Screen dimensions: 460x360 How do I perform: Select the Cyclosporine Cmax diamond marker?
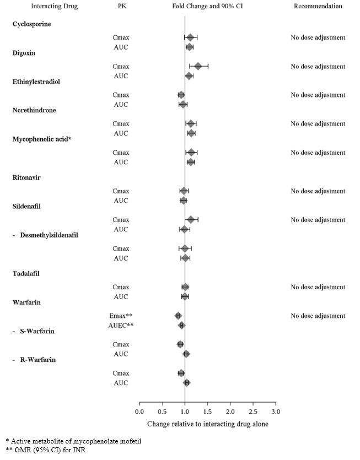(191, 37)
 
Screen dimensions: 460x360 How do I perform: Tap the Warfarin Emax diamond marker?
(178, 316)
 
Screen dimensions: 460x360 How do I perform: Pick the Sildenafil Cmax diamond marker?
(191, 220)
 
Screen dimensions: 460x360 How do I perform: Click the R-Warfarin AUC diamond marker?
(187, 382)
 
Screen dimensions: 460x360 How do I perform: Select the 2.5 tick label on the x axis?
(253, 411)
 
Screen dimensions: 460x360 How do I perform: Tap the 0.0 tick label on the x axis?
(139, 411)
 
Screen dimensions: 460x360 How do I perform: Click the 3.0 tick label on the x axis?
(276, 411)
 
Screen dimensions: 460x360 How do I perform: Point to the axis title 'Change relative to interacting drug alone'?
(207, 424)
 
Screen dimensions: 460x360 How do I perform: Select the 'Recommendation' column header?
(318, 7)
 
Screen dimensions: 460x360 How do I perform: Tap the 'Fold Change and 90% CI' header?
(207, 7)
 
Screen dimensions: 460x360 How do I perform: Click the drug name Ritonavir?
(28, 177)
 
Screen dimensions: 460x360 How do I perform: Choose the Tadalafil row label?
(26, 273)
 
